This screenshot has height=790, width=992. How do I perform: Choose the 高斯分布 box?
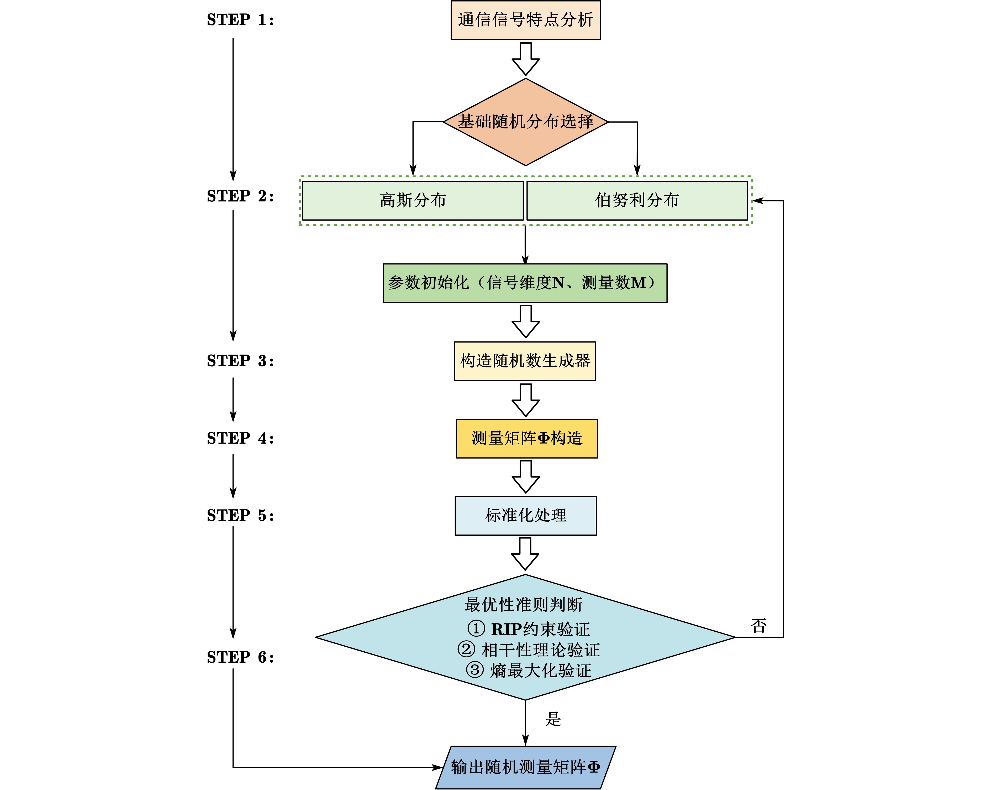coord(413,201)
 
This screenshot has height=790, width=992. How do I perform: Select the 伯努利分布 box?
coord(637,201)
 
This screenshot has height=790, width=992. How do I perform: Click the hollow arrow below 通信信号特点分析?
coord(525,59)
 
